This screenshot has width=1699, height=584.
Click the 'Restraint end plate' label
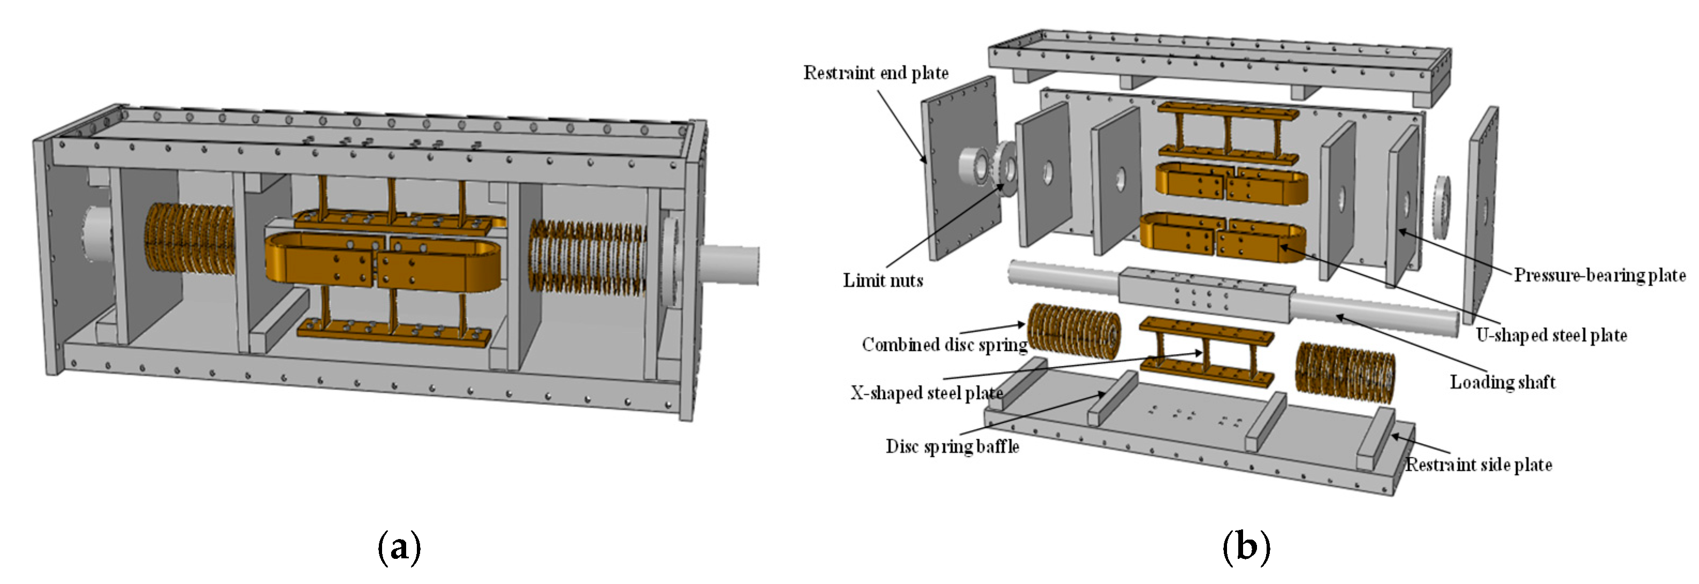[x=875, y=73]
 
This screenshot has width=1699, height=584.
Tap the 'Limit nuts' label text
[x=882, y=280]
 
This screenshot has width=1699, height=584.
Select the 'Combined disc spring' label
[x=944, y=345]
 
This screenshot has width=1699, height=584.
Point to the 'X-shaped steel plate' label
[x=926, y=393]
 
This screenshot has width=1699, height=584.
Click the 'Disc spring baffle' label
[x=952, y=447]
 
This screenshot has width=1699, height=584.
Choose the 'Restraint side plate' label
[x=1478, y=465]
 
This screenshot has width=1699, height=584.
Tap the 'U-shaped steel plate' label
[x=1551, y=335]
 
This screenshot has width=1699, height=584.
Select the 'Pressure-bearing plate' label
[x=1599, y=275]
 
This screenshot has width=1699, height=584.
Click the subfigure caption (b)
[x=1246, y=547]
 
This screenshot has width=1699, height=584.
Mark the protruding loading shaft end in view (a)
[x=729, y=266]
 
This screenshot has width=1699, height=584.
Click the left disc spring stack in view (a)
[x=189, y=238]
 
